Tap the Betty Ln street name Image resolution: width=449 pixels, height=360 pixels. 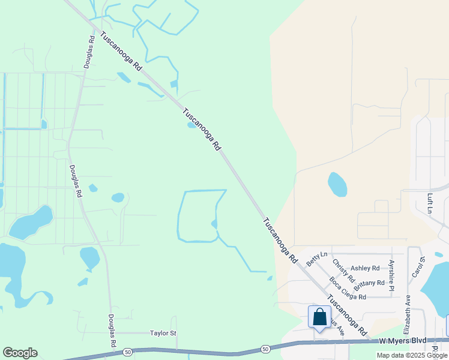pyautogui.click(x=316, y=259)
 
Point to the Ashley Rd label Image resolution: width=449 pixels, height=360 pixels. pyautogui.click(x=365, y=268)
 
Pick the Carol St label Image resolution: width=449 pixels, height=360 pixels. pyautogui.click(x=418, y=266)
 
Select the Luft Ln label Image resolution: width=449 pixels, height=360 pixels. pyautogui.click(x=430, y=203)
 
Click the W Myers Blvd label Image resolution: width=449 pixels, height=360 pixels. pyautogui.click(x=402, y=341)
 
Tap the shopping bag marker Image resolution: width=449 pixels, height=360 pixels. pyautogui.click(x=319, y=316)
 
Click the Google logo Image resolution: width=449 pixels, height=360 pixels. pyautogui.click(x=20, y=353)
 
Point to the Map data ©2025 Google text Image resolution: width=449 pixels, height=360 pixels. pyautogui.click(x=412, y=355)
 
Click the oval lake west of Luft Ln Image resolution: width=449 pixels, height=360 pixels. pyautogui.click(x=337, y=184)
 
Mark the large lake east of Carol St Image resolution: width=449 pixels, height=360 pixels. pyautogui.click(x=436, y=288)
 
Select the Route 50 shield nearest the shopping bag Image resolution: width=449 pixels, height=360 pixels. pyautogui.click(x=265, y=349)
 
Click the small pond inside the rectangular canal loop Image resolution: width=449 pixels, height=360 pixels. pyautogui.click(x=214, y=224)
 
